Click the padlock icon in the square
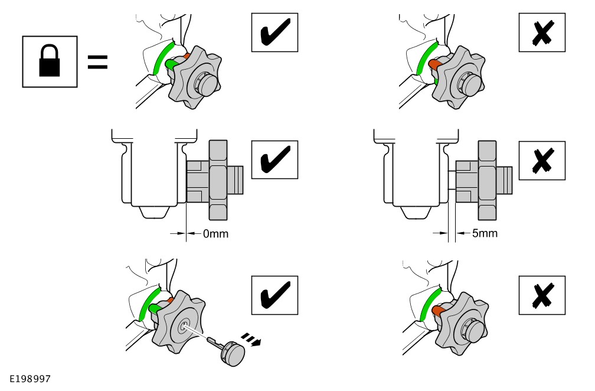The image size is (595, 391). (x=50, y=61)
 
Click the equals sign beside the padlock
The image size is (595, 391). (x=98, y=62)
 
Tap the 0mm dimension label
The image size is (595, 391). (x=215, y=234)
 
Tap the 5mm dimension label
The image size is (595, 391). (x=485, y=233)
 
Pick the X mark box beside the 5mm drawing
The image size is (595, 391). (x=541, y=161)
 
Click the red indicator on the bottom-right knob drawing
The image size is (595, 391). (x=439, y=309)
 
